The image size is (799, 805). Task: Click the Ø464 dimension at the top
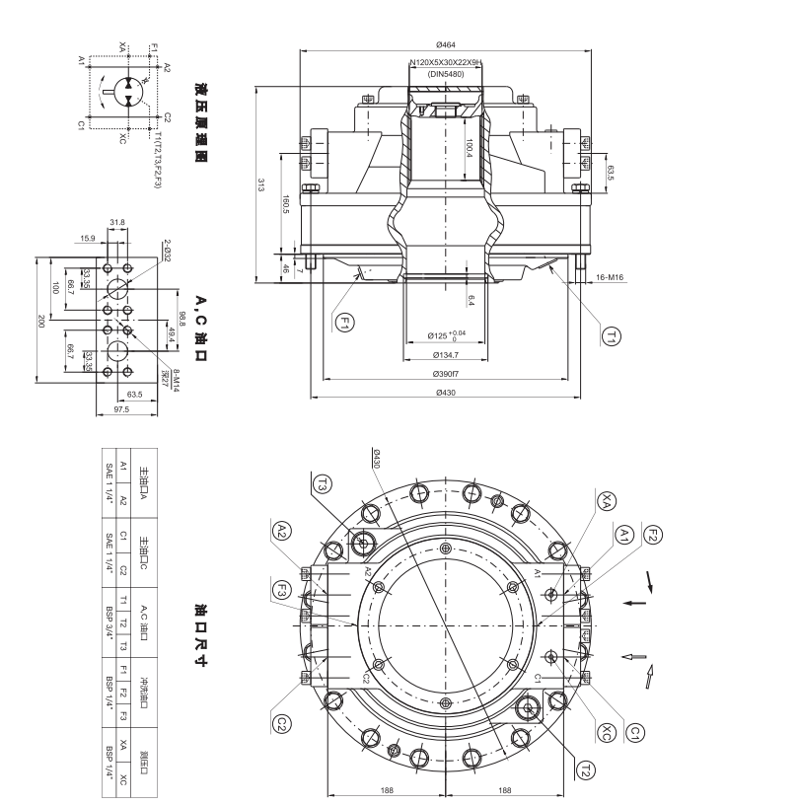click(445, 43)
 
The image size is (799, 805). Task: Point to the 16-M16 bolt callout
click(610, 278)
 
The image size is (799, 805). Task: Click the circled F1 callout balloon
click(345, 322)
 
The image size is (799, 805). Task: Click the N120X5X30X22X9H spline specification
click(445, 61)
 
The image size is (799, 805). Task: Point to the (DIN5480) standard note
click(445, 74)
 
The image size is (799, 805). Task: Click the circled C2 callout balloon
click(283, 724)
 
